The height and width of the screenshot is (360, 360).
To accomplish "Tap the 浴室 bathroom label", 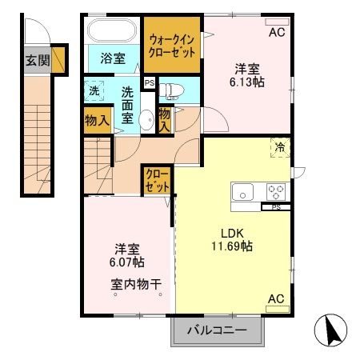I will pos(112,58).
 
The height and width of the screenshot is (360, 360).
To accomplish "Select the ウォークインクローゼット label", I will pos(171,46).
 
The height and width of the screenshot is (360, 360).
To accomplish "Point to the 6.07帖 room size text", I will pos(126,262).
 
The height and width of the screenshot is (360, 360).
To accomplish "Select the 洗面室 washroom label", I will pos(127,103).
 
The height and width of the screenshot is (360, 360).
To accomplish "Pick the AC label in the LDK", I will pos(276,299).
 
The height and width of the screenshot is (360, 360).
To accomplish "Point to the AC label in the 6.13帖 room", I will pos(276,33).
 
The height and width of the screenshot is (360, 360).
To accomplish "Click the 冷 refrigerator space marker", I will pos(280,147).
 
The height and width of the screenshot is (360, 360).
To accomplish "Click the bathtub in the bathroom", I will pos(112,32).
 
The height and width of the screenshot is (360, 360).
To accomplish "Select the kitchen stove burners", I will pos(276,191).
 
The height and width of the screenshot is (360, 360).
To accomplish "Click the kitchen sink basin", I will pos(242,191).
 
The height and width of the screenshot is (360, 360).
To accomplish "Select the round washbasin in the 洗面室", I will pos(146,121).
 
